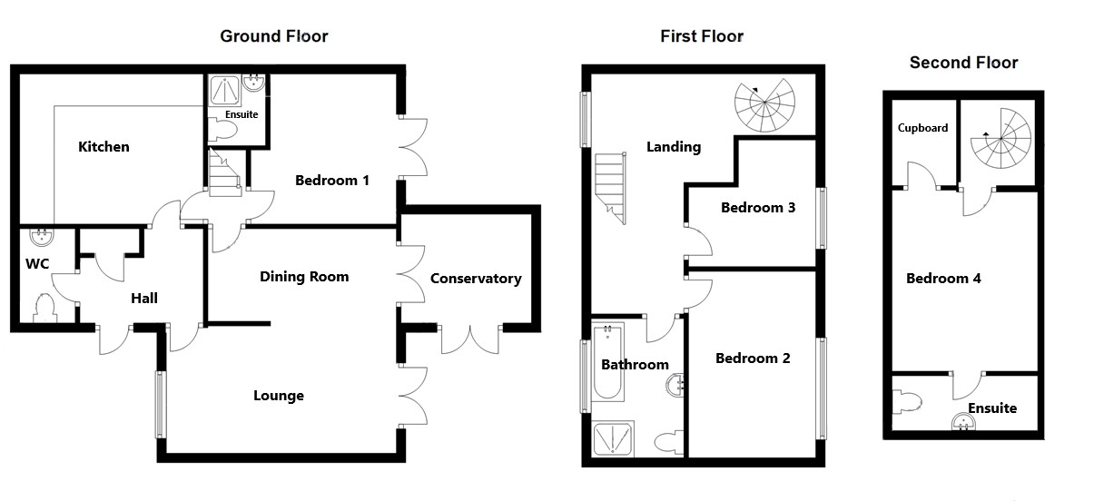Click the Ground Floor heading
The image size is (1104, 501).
click(x=273, y=36)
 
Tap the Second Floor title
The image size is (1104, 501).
click(x=963, y=63)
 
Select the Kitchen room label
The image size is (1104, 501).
click(x=103, y=146)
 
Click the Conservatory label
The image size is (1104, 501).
click(x=476, y=279)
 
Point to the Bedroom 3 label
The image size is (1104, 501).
click(x=758, y=208)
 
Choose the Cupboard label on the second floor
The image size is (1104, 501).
click(x=922, y=128)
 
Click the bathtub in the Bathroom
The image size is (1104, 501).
click(x=607, y=362)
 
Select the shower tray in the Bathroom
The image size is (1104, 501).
click(x=613, y=438)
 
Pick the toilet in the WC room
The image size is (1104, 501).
click(x=44, y=308)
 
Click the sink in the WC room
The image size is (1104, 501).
click(x=42, y=237)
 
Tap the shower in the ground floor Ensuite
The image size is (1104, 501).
click(x=225, y=90)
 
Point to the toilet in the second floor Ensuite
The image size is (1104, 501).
click(x=907, y=402)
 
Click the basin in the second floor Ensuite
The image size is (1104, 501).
click(x=963, y=422)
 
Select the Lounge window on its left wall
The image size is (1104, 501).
click(x=160, y=405)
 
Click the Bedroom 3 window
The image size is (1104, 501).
click(x=822, y=218)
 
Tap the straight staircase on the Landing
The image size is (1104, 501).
click(x=611, y=188)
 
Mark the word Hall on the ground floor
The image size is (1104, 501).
click(x=144, y=298)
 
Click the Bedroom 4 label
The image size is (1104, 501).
click(x=943, y=279)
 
